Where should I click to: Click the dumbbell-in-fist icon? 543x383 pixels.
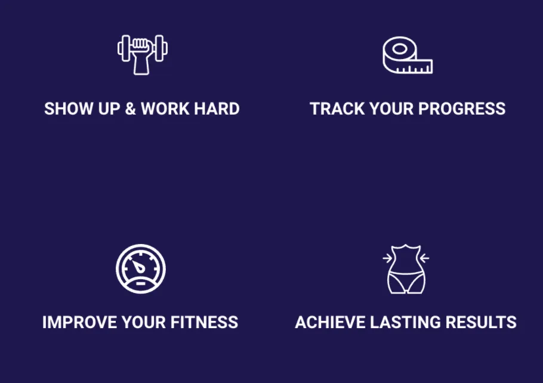(143, 54)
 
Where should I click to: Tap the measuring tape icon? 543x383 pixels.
(408, 55)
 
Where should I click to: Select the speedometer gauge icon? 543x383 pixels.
(141, 268)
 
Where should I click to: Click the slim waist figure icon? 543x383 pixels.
(406, 269)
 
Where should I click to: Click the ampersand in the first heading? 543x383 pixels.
(130, 109)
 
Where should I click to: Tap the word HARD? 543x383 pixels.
(217, 109)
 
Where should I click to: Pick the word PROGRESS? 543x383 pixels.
(462, 109)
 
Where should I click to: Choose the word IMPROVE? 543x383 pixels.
(80, 322)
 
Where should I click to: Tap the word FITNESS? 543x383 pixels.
(204, 322)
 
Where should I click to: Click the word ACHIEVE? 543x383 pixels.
(331, 322)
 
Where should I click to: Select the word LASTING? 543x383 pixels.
(406, 322)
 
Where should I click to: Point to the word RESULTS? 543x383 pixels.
(481, 322)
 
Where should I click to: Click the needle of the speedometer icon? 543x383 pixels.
(138, 266)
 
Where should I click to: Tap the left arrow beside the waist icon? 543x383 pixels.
(387, 258)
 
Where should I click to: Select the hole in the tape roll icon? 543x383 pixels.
(400, 49)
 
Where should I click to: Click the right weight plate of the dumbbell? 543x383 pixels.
(161, 48)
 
